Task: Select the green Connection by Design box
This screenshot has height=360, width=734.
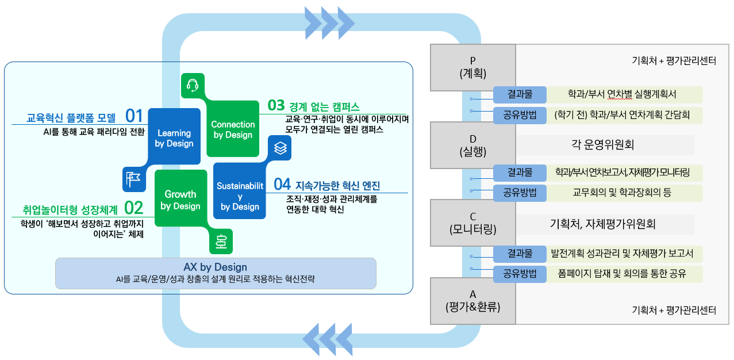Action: (x=233, y=129)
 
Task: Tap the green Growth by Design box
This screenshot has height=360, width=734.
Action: (x=180, y=200)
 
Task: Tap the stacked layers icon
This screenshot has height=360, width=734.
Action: (x=280, y=148)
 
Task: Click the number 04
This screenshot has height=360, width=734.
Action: (x=282, y=185)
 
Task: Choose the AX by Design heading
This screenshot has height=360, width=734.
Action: (x=215, y=267)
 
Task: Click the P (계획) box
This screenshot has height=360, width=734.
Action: (x=473, y=67)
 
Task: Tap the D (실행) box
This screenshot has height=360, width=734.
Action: (x=473, y=145)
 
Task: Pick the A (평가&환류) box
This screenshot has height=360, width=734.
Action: (x=473, y=301)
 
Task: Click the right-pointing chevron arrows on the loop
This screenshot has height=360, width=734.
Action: (x=329, y=22)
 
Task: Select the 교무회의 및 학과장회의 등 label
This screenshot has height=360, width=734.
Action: (x=622, y=193)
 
